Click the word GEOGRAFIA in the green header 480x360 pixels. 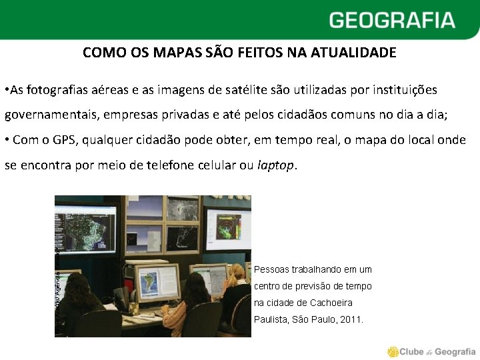(x=391, y=20)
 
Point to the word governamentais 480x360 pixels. (x=51, y=115)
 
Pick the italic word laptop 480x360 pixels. (x=275, y=165)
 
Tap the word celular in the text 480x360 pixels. (x=219, y=165)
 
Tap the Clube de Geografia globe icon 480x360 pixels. (x=393, y=351)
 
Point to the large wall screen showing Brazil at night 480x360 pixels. (x=85, y=226)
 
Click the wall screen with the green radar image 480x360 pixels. (x=228, y=227)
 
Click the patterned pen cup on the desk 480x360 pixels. (x=134, y=308)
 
